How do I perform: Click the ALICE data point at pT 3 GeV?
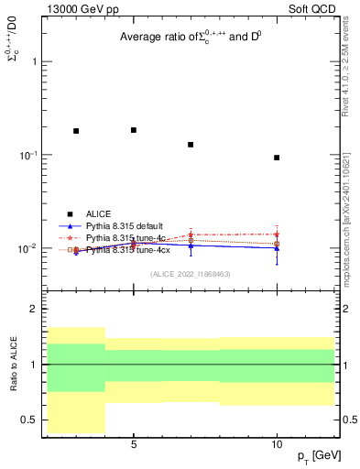tap(76, 131)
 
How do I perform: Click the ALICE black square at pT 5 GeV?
tap(134, 130)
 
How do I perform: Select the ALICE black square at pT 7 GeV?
tap(191, 145)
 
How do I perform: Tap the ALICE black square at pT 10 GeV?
tap(277, 158)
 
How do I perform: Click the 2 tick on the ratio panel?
tap(34, 310)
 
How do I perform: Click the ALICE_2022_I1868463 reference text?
tap(191, 274)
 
